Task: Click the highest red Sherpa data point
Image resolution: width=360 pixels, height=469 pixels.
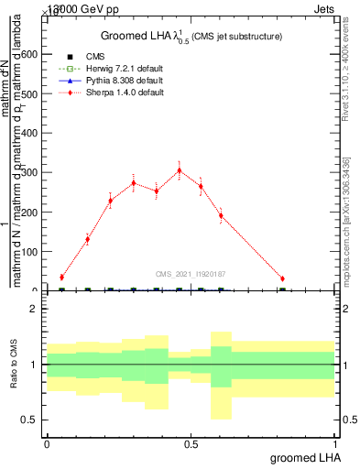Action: coord(179,169)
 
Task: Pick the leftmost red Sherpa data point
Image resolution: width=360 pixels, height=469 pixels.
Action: coord(61,277)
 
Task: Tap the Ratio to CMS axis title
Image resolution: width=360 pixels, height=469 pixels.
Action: coord(14,365)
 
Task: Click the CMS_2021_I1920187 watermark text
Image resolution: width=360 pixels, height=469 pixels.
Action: coord(191,273)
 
